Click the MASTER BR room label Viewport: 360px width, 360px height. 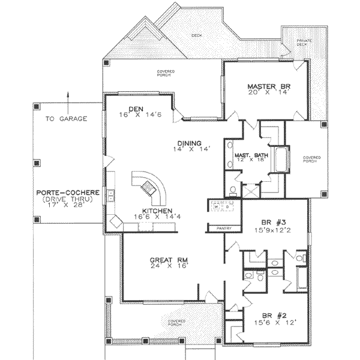(x=268, y=87)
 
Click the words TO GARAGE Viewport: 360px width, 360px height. (x=66, y=118)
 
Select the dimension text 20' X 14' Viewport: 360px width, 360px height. (x=268, y=94)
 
